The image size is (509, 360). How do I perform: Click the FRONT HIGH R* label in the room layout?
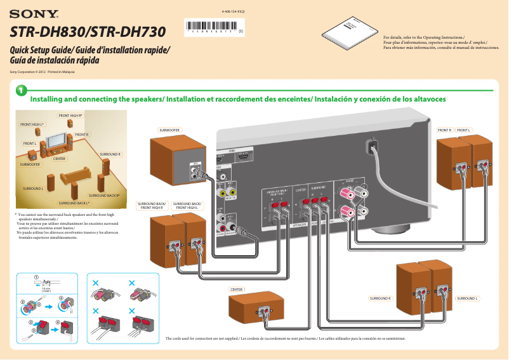pyautogui.click(x=70, y=116)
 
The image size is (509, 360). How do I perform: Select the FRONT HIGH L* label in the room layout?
pyautogui.click(x=32, y=124)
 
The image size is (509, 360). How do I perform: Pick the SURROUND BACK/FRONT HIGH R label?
pyautogui.click(x=151, y=206)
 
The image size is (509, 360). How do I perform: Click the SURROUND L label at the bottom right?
pyautogui.click(x=467, y=298)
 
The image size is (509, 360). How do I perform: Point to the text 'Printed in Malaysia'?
pyautogui.click(x=62, y=72)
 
